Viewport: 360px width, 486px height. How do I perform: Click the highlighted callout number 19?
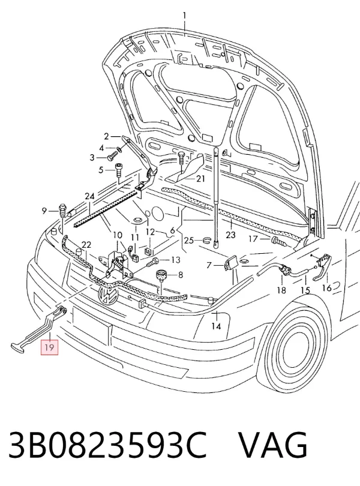point(50,347)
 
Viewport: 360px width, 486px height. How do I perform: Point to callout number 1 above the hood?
point(184,16)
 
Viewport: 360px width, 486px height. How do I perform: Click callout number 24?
point(89,197)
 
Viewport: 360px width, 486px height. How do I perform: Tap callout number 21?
point(200,179)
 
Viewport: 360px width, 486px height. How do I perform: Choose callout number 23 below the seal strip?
point(230,235)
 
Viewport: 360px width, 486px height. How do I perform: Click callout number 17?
point(253,239)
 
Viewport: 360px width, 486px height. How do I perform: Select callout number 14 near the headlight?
point(216,326)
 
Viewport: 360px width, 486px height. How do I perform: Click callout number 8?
point(181,275)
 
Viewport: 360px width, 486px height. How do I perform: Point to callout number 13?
point(176,260)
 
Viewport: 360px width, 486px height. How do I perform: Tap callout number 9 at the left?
point(44,211)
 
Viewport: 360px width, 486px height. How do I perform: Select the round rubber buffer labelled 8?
point(161,275)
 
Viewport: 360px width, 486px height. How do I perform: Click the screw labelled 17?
point(279,241)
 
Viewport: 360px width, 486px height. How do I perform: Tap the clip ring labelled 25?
point(207,239)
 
